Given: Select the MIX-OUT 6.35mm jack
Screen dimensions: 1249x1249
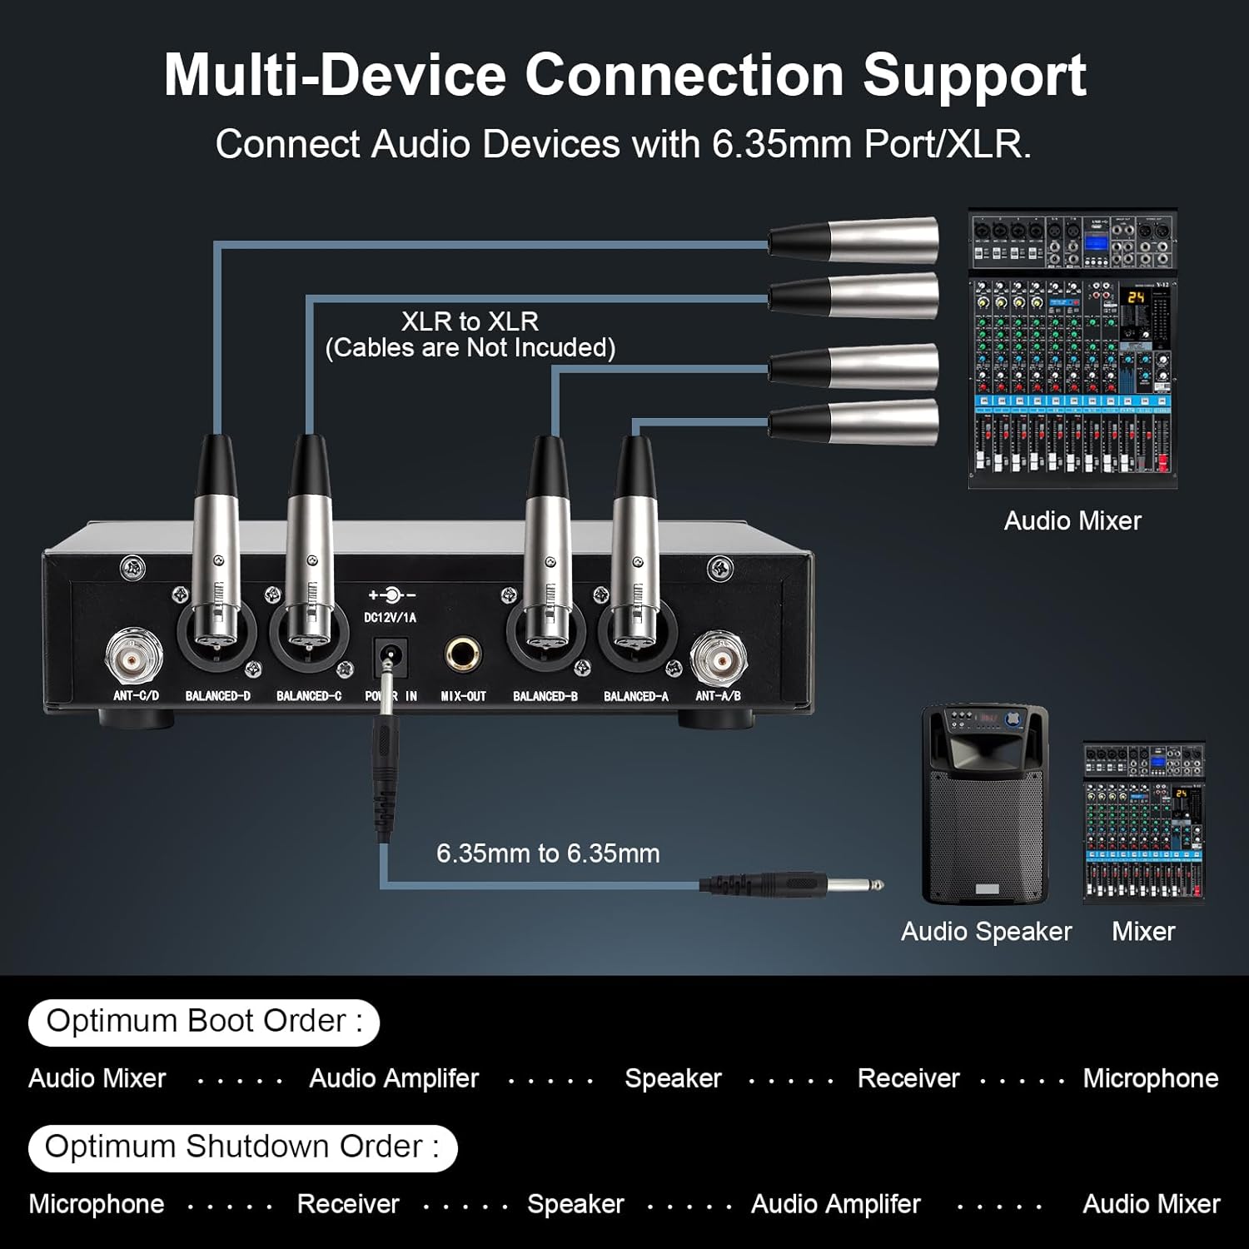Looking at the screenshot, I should pyautogui.click(x=462, y=654).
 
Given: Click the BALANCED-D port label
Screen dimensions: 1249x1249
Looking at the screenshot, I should pyautogui.click(x=217, y=696).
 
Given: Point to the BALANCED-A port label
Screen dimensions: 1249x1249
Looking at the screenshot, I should pyautogui.click(x=636, y=696).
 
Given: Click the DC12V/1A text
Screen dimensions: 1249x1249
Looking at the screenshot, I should pyautogui.click(x=390, y=618).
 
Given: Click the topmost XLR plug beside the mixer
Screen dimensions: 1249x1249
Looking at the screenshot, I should pyautogui.click(x=854, y=241).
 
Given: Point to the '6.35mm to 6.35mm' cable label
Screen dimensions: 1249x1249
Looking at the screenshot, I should pyautogui.click(x=548, y=853).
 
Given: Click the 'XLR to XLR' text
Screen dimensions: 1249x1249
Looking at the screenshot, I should pyautogui.click(x=470, y=321).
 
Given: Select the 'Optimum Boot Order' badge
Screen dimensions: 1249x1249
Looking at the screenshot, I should pyautogui.click(x=204, y=1022).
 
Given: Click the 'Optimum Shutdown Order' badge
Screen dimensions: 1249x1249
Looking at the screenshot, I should pyautogui.click(x=242, y=1147).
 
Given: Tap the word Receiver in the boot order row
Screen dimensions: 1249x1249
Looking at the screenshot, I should pyautogui.click(x=908, y=1078).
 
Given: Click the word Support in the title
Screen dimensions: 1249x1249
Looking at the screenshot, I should pyautogui.click(x=974, y=75).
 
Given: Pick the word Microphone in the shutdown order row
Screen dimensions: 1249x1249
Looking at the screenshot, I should pyautogui.click(x=97, y=1204).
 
